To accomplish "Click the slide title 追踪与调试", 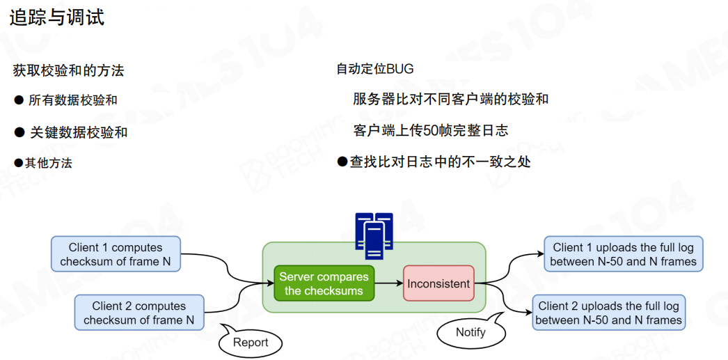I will point(57,17).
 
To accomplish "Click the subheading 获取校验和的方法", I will point(68,70).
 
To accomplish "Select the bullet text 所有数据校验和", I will point(73,100).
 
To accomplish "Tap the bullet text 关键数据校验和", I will point(79,132).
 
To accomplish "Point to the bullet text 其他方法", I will point(49,163).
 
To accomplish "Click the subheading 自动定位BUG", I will point(375,69).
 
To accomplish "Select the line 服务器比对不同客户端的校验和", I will point(451,99).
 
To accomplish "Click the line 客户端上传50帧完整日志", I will point(431,130).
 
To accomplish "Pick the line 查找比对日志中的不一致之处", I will point(440,162).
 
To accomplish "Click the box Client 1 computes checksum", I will point(116,254).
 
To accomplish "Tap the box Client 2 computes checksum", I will point(139,313).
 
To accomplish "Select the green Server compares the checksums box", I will point(324,283).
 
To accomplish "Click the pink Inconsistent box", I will point(438,283).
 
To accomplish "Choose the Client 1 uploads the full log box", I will point(623,254).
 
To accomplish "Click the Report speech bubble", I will point(251,343).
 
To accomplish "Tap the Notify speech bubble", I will point(470,333).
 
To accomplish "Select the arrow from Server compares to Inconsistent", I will point(389,283).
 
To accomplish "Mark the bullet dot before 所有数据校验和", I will point(19,100).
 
